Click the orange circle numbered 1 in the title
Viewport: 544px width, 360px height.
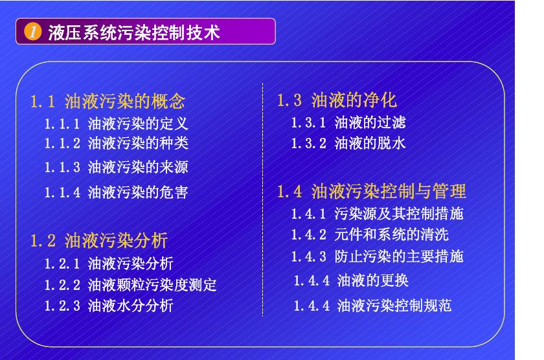32,32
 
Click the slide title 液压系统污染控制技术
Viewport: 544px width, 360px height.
134,32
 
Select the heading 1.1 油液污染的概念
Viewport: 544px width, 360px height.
108,101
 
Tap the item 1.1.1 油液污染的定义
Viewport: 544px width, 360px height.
116,124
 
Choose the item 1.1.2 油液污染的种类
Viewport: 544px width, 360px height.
116,143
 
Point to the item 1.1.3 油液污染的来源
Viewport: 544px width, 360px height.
116,167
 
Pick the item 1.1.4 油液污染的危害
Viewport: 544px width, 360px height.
116,192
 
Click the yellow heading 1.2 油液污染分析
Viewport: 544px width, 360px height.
99,240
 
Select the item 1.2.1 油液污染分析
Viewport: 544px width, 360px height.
109,264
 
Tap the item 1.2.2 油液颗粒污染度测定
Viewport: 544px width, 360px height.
130,285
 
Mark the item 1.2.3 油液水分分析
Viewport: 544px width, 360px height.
109,306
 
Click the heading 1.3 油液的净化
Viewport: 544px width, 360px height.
337,100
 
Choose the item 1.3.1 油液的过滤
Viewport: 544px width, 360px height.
348,122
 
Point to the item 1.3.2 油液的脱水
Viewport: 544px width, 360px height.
348,143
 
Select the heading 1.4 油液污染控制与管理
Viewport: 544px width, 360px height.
372,191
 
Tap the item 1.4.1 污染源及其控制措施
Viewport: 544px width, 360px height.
377,214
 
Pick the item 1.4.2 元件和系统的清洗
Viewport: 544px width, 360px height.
370,235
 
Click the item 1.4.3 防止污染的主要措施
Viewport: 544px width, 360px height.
377,256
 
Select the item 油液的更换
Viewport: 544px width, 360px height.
372,280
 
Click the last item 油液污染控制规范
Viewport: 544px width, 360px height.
394,306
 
